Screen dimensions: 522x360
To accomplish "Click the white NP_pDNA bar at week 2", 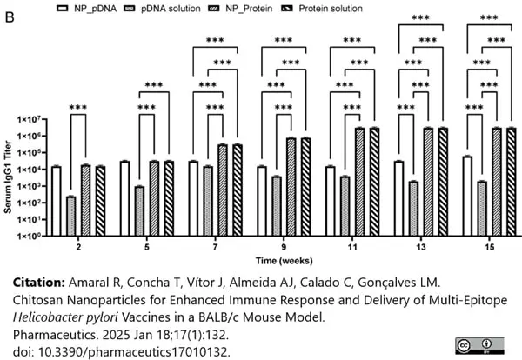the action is pos(57,201).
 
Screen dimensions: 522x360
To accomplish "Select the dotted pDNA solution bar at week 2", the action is pos(71,216).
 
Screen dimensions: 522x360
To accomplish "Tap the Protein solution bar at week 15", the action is pos(512,182).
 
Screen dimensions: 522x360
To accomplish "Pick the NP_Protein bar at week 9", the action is pos(291,187).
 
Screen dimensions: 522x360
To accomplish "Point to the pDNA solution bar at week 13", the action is pos(413,209).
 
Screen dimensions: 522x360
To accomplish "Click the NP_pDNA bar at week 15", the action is pos(467,196).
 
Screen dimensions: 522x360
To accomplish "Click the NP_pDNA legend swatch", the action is pos(63,9).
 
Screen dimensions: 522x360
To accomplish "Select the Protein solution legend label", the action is pos(331,9).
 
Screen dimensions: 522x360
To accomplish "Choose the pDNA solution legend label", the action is pos(171,9).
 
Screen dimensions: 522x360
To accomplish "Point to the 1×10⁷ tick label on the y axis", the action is pos(29,119).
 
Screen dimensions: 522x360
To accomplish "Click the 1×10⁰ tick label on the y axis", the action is pos(29,236).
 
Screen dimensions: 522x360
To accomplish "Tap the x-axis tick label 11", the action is pos(352,247).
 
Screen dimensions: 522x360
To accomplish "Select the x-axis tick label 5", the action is pos(147,247).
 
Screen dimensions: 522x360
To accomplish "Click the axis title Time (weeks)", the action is pos(284,261).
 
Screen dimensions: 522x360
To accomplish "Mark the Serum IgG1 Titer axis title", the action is pos(8,177).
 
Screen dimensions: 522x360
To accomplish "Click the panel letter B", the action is pos(10,17).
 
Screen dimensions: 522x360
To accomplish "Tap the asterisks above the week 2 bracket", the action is pos(78,107).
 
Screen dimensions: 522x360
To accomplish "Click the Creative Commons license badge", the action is pos(479,346).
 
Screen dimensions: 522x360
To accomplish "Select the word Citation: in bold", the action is pos(39,283).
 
